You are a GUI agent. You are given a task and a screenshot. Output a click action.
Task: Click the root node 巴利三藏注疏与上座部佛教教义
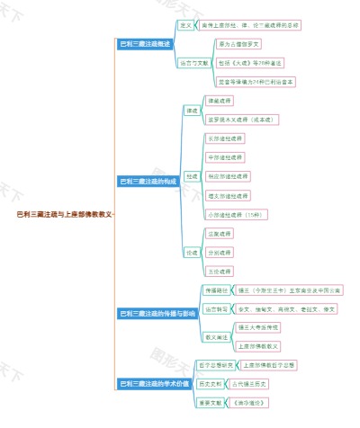(64, 215)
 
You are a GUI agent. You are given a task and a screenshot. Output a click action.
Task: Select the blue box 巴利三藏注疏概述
(147, 43)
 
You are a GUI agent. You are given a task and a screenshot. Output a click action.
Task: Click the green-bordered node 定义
(185, 24)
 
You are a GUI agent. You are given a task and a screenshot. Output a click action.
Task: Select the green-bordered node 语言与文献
(193, 63)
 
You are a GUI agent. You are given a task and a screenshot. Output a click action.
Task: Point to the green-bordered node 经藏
(192, 176)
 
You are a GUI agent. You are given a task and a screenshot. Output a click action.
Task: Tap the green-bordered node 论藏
(192, 253)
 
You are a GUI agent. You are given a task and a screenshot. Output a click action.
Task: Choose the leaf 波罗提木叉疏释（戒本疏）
(243, 119)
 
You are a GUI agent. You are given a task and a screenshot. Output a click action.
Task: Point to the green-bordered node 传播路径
(216, 290)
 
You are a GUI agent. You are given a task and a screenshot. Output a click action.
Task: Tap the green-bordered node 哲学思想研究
(217, 365)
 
